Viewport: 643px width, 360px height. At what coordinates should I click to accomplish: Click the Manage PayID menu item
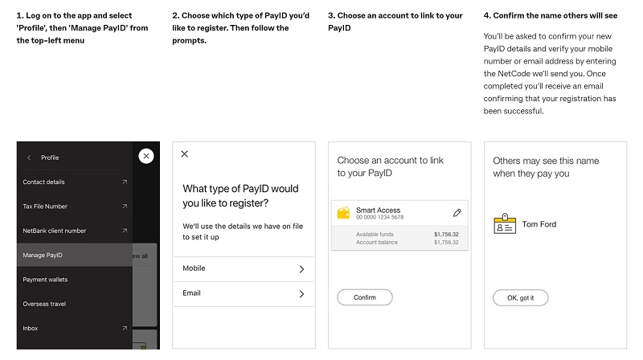pos(43,256)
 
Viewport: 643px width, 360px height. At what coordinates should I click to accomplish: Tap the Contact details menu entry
pos(45,182)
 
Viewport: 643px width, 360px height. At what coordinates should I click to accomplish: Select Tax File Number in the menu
pos(45,207)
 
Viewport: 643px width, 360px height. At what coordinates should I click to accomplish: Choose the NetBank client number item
pos(54,231)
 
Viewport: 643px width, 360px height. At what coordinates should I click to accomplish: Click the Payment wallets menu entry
pos(45,280)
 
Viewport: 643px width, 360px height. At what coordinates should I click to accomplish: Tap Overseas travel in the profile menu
pos(44,304)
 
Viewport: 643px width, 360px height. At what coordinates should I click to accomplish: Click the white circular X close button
pos(145,156)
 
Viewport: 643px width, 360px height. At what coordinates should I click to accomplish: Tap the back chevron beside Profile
pos(29,157)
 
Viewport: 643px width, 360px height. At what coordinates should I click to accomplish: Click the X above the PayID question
pos(185,153)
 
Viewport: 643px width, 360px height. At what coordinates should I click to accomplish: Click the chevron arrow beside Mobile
pos(301,268)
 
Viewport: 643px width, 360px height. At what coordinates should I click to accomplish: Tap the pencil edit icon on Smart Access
pos(457,213)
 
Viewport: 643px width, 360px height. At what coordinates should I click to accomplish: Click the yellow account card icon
pos(343,213)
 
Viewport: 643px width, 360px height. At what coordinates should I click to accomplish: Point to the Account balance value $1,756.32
pos(447,241)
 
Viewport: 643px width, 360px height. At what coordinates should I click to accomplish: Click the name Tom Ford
pos(539,224)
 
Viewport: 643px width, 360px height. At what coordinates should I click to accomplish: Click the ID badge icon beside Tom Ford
pos(504,224)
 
